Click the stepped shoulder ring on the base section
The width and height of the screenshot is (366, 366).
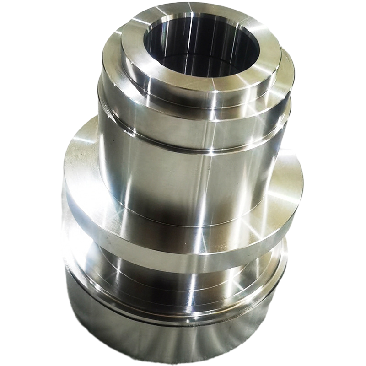coord(183,297)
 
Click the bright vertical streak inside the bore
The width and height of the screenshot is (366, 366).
coord(188,39)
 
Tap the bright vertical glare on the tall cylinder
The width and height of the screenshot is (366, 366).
coord(201,183)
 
